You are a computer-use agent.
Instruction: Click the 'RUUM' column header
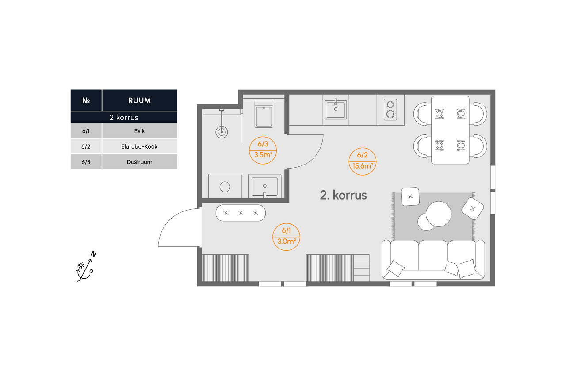tap(139, 100)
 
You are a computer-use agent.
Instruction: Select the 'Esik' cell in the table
tap(139, 131)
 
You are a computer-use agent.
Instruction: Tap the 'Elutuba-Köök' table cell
tap(139, 146)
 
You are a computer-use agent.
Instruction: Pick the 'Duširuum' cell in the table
tap(139, 162)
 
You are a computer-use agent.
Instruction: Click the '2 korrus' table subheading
tap(124, 118)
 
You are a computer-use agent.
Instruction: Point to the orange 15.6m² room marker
tap(363, 161)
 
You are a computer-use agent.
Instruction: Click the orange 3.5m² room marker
tap(263, 150)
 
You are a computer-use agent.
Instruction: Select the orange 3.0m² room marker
tap(286, 237)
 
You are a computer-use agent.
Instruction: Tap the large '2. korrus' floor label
tap(344, 195)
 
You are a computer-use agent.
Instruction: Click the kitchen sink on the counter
tap(336, 110)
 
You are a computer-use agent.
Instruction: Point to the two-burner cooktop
tap(390, 109)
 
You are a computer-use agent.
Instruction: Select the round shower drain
tap(222, 132)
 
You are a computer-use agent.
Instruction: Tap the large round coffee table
tap(439, 214)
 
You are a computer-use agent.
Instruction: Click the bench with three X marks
tap(241, 213)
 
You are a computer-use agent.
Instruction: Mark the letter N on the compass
tap(93, 254)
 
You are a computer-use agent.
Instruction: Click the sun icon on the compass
tap(81, 265)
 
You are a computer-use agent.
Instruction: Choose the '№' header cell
tap(86, 100)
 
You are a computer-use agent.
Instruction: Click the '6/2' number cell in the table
tap(86, 146)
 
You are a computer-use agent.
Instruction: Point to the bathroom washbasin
tap(265, 186)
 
